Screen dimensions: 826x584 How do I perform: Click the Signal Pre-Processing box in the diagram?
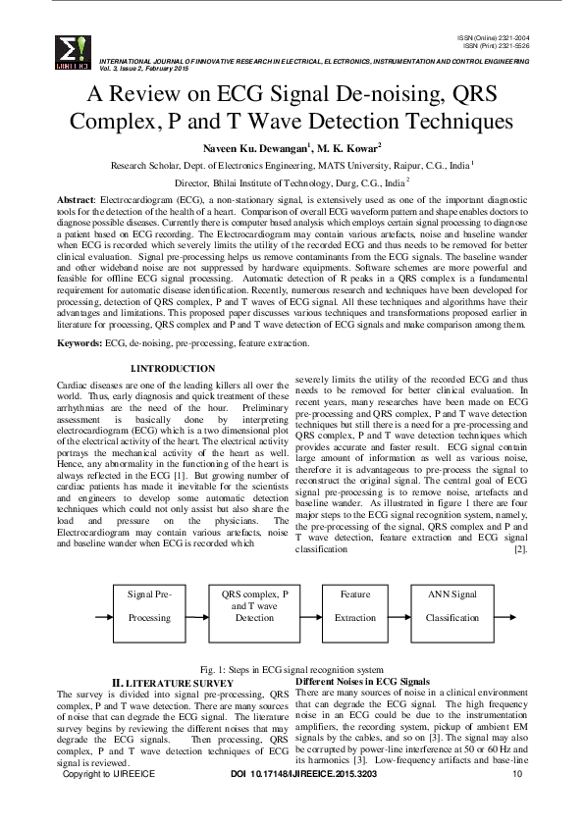pos(149,606)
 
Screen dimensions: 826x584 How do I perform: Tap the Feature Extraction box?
pos(354,606)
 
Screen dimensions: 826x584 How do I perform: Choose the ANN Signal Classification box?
pos(451,606)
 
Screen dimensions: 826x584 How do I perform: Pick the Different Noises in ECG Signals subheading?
pos(362,680)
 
